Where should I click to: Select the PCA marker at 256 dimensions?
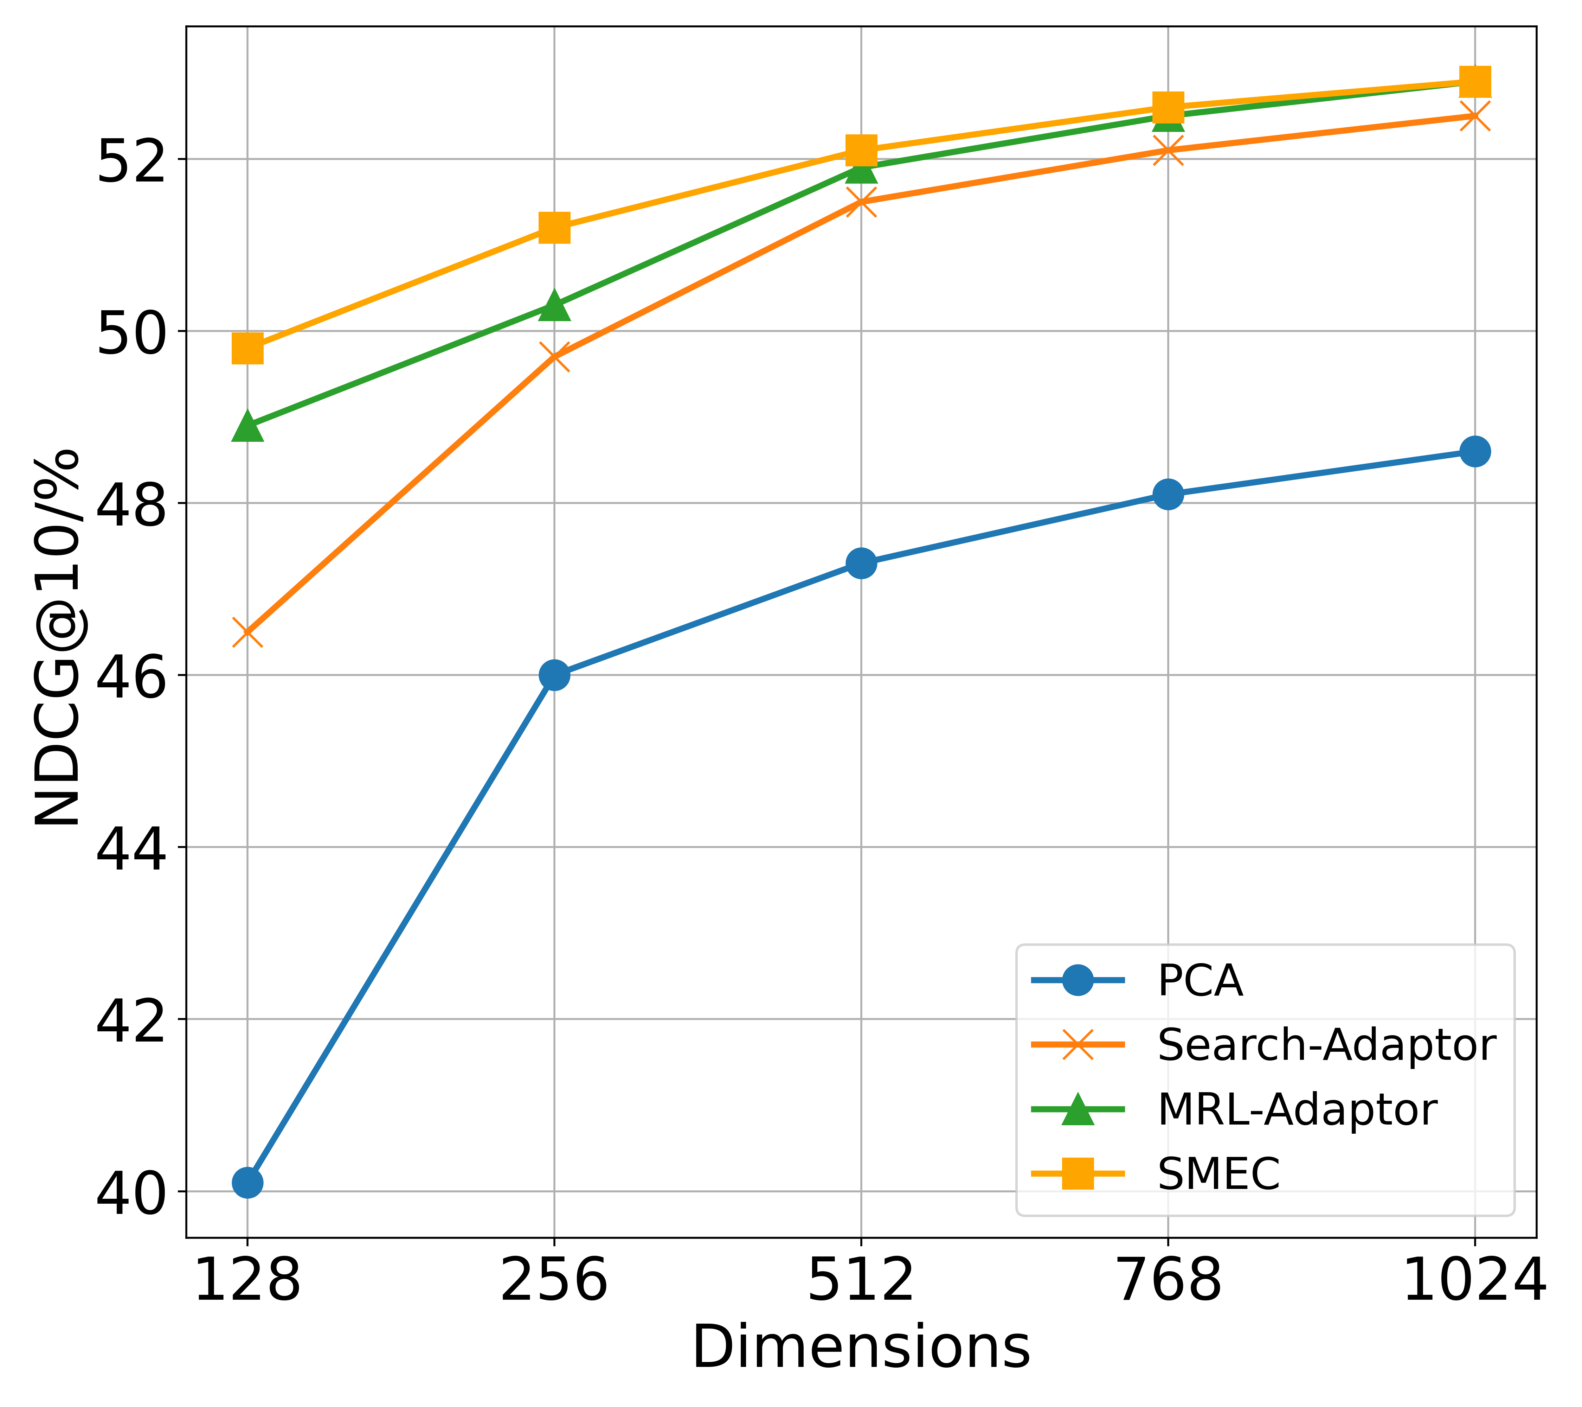tap(554, 675)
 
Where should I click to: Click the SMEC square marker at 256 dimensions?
tap(554, 228)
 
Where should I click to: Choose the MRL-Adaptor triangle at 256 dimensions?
tap(554, 305)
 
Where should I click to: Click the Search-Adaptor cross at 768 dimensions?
tap(1168, 150)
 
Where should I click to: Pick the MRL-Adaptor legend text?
tap(1297, 1110)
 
